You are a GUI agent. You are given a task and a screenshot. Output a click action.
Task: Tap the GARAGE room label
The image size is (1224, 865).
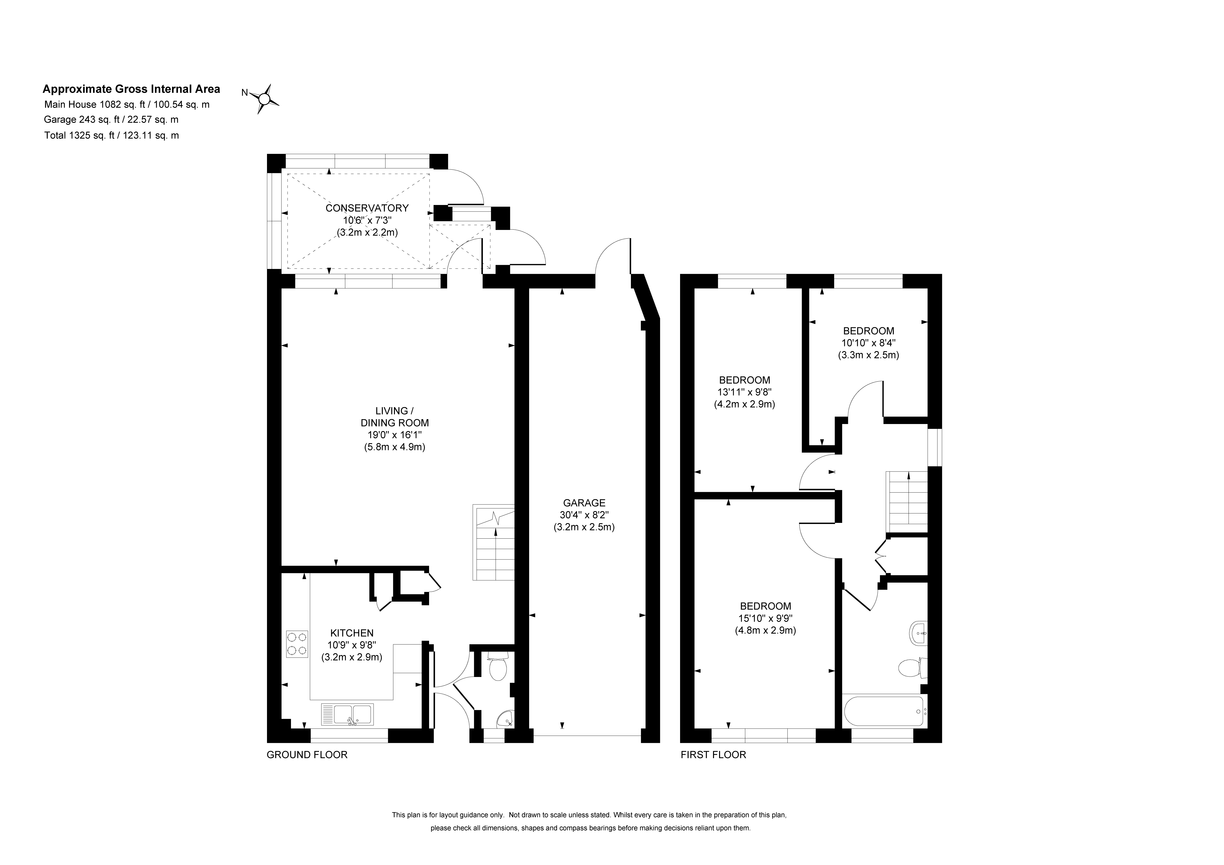pyautogui.click(x=584, y=503)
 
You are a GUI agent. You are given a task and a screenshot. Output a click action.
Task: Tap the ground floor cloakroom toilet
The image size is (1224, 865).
pyautogui.click(x=498, y=667)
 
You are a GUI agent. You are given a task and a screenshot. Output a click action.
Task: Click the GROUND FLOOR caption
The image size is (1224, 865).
pyautogui.click(x=307, y=755)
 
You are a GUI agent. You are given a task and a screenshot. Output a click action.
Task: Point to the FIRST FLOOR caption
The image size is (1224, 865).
pyautogui.click(x=713, y=755)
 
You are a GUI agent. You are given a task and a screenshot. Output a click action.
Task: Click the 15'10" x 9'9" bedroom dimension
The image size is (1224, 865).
pyautogui.click(x=766, y=618)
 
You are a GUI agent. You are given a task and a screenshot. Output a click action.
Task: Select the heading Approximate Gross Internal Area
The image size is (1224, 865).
pyautogui.click(x=131, y=89)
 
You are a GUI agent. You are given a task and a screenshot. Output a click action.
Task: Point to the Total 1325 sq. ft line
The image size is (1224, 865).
pyautogui.click(x=111, y=135)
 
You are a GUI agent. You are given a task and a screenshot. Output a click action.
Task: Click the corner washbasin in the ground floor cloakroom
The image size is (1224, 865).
pyautogui.click(x=504, y=720)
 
